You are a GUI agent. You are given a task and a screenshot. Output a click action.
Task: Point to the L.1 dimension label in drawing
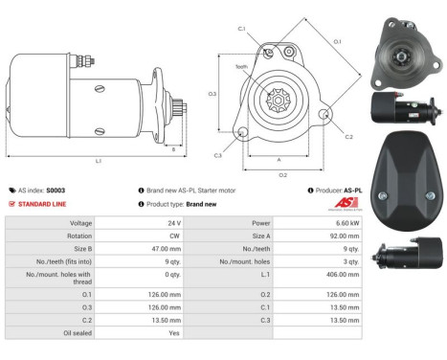99,161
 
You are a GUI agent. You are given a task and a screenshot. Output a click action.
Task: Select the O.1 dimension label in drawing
338,41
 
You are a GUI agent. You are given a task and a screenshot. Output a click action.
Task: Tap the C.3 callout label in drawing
218,154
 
